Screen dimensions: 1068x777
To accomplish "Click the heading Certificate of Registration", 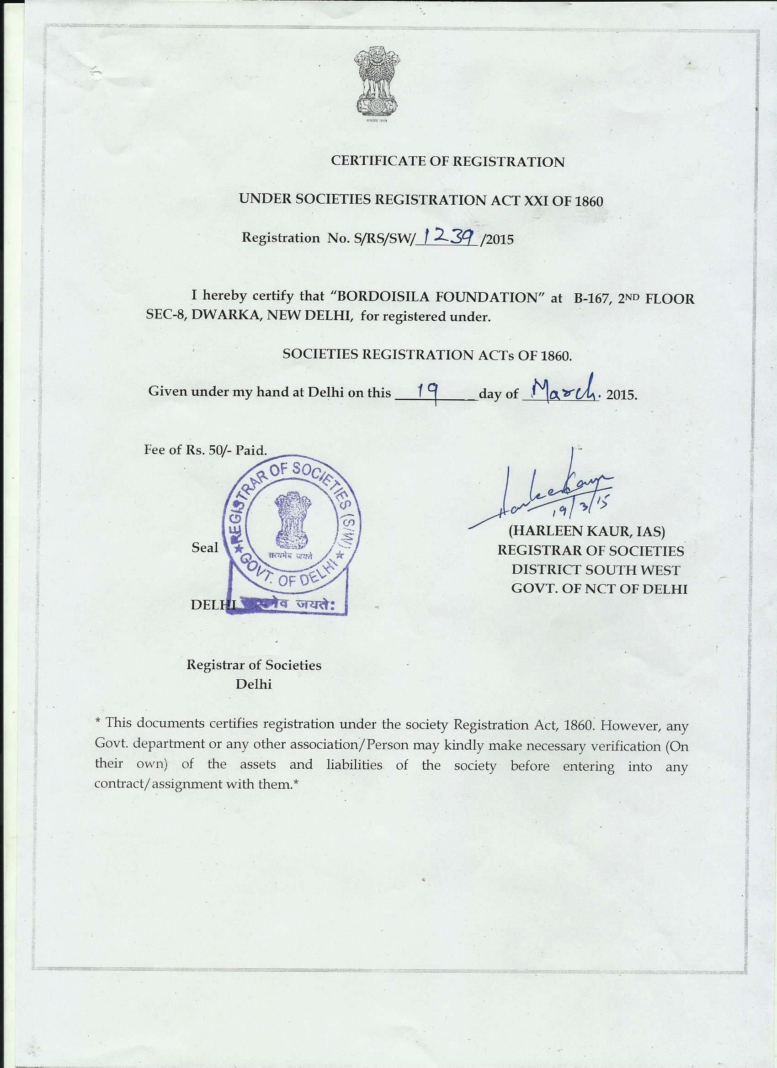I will tap(447, 161).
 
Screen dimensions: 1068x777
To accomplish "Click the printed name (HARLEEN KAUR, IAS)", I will tap(587, 531).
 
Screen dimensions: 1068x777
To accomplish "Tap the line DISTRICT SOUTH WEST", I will tap(596, 570).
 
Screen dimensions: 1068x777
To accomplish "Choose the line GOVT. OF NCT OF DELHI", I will tap(599, 589).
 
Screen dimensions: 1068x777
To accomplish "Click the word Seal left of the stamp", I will tap(204, 547).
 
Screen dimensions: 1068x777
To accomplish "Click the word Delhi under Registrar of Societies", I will tap(254, 684).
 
